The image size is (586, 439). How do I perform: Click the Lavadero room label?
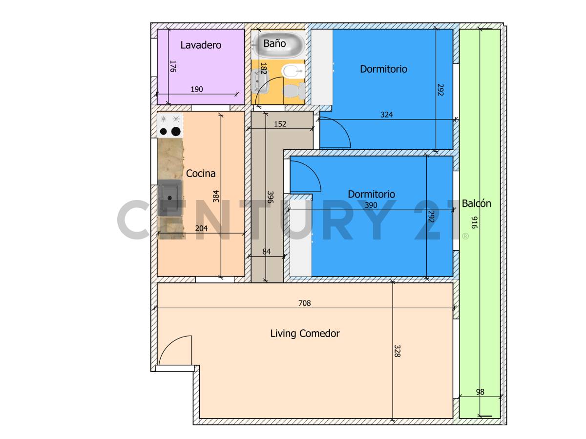pos(201,45)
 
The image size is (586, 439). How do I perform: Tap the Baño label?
pos(274,43)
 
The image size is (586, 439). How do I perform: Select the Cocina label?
pos(201,173)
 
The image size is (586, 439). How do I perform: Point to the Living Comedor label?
pos(305,334)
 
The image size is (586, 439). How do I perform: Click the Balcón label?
pos(477,203)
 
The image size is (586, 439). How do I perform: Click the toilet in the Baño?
pos(293,90)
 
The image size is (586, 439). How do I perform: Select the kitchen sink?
pos(169,197)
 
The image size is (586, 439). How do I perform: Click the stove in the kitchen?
pos(170,125)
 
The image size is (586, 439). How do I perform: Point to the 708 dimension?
pos(305,303)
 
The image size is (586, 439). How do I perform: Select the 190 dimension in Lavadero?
pos(196,89)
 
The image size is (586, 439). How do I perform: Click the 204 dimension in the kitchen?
pos(201,228)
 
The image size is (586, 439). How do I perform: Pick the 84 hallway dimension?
pos(267,252)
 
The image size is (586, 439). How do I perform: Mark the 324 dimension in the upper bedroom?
pos(387,115)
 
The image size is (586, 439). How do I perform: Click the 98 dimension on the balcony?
pos(480,392)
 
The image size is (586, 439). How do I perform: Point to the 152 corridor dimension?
pos(280,124)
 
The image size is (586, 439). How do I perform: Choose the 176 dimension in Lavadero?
pos(172,66)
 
